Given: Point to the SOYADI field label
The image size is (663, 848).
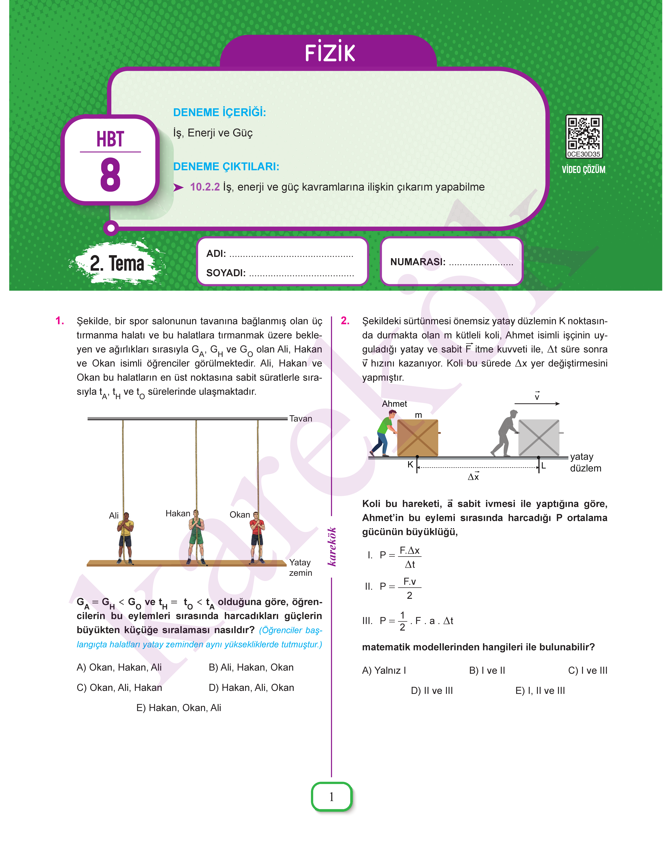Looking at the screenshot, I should pyautogui.click(x=226, y=273).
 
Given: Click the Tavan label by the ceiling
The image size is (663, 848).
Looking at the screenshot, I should pyautogui.click(x=300, y=418).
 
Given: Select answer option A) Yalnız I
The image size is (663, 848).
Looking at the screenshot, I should pyautogui.click(x=384, y=670).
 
